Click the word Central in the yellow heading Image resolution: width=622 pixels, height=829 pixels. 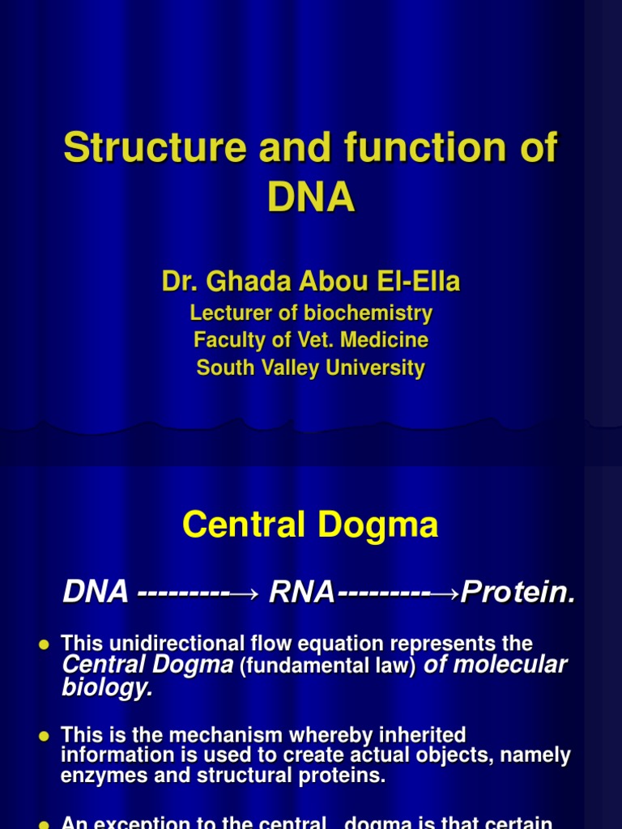tap(245, 525)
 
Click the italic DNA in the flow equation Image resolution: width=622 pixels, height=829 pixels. tap(96, 593)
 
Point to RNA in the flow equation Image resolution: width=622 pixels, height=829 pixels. tap(301, 593)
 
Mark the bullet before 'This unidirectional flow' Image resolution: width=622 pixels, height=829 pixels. tap(45, 644)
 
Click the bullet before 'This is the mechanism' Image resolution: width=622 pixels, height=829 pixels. tap(45, 736)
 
